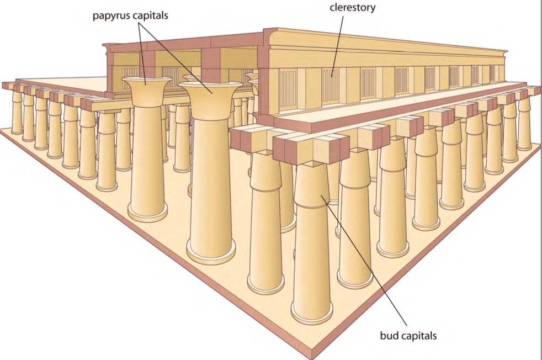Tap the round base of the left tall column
(147, 213)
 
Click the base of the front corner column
(312, 315)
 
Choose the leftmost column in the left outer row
(17, 113)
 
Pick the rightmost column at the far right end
(524, 124)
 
